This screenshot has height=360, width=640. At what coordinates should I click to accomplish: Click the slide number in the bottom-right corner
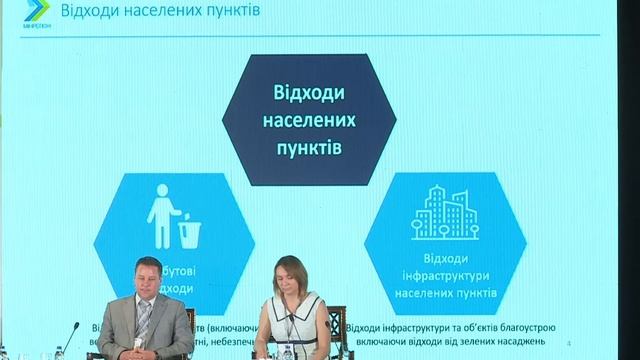[x=567, y=343]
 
